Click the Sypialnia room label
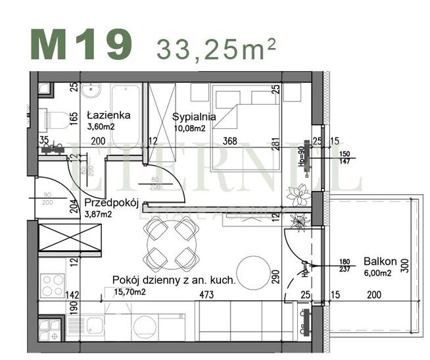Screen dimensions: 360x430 pos(194,117)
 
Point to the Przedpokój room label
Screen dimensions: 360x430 pos(110,203)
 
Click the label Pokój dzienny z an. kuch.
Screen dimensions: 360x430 pos(174,280)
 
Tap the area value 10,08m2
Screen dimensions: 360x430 pos(189,128)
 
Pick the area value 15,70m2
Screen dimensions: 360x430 pos(129,291)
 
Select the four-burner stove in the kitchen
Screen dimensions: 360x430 pos(53,286)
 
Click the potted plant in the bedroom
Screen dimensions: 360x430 pos(299,195)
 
